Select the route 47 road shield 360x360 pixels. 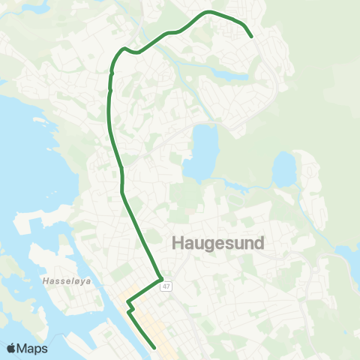[x=166, y=286]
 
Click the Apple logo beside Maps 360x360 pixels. [x=12, y=348]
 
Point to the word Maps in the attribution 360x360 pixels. [x=33, y=348]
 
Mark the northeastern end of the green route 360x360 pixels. [x=251, y=36]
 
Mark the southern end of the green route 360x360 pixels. [x=154, y=347]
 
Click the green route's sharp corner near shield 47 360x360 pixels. [x=161, y=280]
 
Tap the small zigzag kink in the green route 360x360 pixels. [x=130, y=308]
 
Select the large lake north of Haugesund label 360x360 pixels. [x=200, y=152]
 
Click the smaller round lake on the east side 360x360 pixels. [x=284, y=169]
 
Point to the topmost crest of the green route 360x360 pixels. [x=208, y=12]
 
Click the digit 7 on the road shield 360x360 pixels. [x=169, y=286]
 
